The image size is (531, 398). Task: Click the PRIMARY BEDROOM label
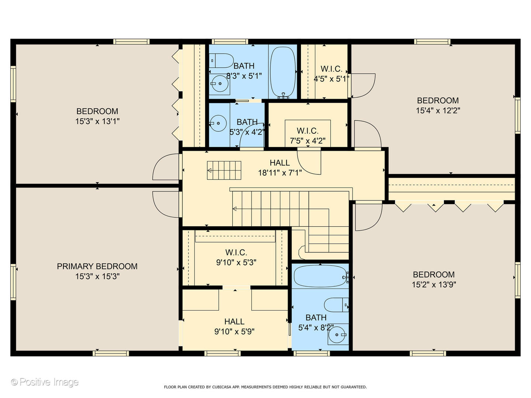point(97,266)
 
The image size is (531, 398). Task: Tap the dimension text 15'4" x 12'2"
point(438,111)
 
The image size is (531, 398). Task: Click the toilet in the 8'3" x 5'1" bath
point(221,61)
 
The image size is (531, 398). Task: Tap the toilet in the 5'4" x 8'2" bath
point(336,305)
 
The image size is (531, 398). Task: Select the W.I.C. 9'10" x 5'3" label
point(236,257)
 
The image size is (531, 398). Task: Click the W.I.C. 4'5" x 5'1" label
point(332,74)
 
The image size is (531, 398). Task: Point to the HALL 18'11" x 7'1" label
point(280,168)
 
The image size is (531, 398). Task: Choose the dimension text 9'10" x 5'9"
point(235,332)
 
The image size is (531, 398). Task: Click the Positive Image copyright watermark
point(45,382)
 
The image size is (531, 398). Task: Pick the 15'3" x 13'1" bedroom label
point(97,116)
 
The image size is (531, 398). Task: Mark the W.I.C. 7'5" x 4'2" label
point(308,136)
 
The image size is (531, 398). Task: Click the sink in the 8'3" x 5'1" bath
point(219,84)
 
